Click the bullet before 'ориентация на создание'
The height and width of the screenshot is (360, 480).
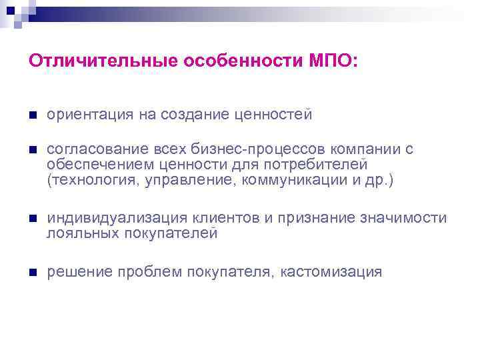click(33, 115)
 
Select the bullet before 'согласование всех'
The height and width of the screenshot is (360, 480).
click(33, 150)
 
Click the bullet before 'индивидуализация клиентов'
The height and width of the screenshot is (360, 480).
click(33, 219)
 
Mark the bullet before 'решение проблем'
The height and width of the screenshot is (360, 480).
click(33, 271)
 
